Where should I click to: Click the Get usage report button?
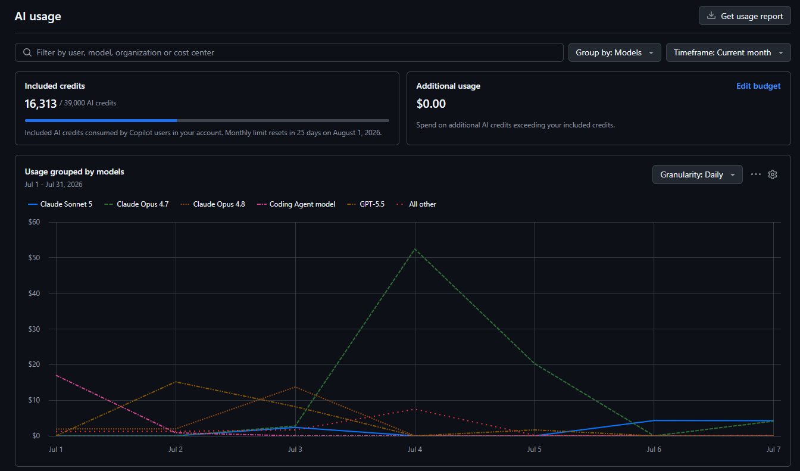pos(745,16)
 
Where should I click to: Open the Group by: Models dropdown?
pos(615,52)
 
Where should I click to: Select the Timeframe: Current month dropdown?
pos(728,52)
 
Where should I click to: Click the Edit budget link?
pos(758,86)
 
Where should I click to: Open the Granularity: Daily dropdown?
pos(697,174)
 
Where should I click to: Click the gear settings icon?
pos(773,174)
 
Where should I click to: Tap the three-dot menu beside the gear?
pos(756,174)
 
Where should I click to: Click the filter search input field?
pos(289,52)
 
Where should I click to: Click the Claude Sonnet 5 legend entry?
pos(60,204)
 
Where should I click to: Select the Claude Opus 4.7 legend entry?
pos(136,204)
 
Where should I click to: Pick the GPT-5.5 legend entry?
pos(365,204)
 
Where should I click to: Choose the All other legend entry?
pos(417,204)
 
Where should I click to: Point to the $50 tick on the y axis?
pos(35,258)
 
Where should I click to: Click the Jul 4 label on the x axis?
pos(415,449)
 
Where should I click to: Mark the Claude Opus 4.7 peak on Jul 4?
pos(415,249)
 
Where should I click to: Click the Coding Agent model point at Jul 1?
pos(57,376)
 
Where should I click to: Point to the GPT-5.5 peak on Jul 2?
pos(176,382)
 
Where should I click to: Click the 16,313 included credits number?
pos(40,104)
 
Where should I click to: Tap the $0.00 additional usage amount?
pos(431,104)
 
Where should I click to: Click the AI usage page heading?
pos(38,17)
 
